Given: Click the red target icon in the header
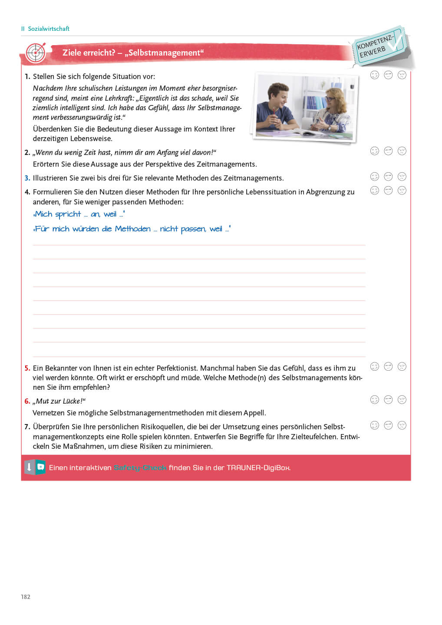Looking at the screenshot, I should [36, 53].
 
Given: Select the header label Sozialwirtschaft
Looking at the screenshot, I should [49, 29].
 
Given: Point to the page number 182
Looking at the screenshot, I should [26, 597].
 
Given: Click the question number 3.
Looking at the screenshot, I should [27, 178].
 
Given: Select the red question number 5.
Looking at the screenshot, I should [27, 368].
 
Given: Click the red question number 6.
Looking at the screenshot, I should [27, 401].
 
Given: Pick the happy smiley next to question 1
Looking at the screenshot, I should [374, 75].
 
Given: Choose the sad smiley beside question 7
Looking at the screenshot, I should [402, 425].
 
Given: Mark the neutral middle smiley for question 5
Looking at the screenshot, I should [388, 366].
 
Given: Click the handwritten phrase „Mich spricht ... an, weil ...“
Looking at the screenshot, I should [79, 214].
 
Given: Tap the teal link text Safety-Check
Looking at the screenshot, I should [140, 467].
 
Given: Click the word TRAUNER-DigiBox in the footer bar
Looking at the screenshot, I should [258, 467].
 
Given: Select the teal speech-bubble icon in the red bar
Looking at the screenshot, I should [40, 467].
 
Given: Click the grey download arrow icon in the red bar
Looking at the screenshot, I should [29, 467].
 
